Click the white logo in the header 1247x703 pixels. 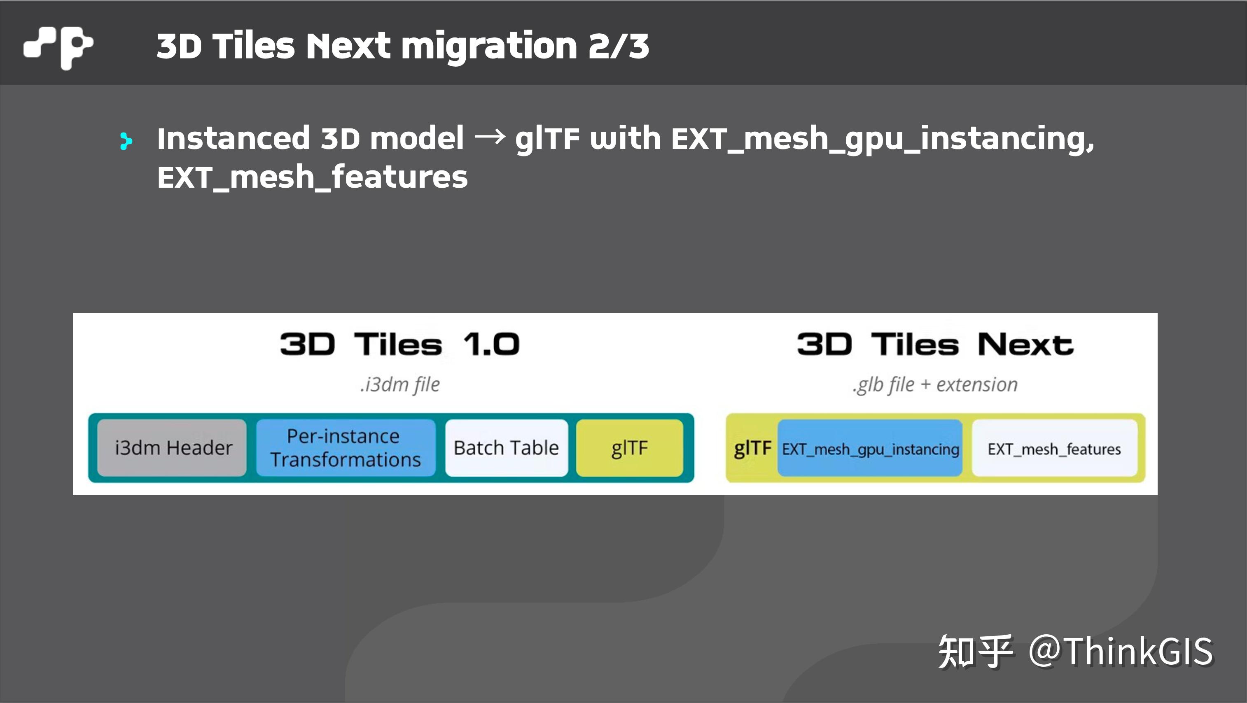point(58,47)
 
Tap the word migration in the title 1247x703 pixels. point(489,47)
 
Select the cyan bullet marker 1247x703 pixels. point(125,141)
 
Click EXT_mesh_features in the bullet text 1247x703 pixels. point(312,177)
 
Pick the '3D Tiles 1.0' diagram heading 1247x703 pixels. point(399,345)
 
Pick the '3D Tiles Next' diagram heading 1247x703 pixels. point(935,345)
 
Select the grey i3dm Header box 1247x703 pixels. point(172,447)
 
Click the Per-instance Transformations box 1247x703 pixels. point(345,447)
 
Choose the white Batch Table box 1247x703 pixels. point(506,447)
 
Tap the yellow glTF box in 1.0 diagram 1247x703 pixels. point(629,447)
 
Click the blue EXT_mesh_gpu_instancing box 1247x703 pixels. point(870,449)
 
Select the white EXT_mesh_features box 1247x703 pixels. point(1054,449)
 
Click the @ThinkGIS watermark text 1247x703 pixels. point(1120,651)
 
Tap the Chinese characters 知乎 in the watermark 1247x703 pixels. point(975,651)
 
